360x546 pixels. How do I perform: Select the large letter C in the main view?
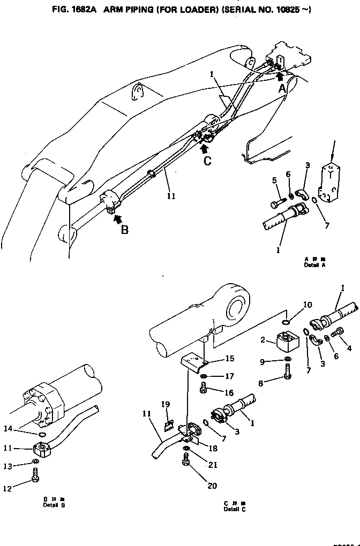(x=207, y=159)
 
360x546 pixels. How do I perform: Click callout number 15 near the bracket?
(x=214, y=358)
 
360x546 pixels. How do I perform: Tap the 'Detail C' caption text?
(x=232, y=509)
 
